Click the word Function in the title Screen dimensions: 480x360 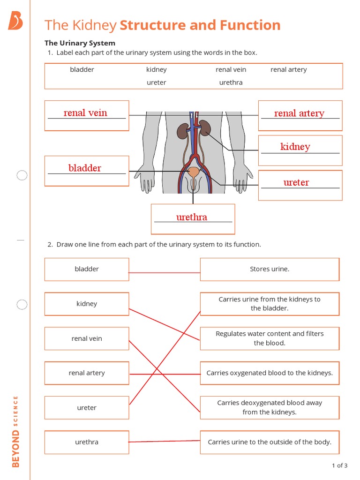pyautogui.click(x=247, y=25)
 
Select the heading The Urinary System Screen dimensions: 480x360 pyautogui.click(x=80, y=43)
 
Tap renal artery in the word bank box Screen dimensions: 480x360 pyautogui.click(x=288, y=70)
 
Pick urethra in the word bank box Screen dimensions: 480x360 pyautogui.click(x=231, y=82)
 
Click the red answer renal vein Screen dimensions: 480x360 pyautogui.click(x=85, y=113)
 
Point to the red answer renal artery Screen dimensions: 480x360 pyautogui.click(x=299, y=113)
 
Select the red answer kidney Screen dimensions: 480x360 pyautogui.click(x=295, y=147)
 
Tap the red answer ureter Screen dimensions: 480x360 pyautogui.click(x=296, y=182)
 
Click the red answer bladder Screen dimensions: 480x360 pyautogui.click(x=85, y=168)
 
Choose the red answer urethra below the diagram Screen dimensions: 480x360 pyautogui.click(x=192, y=217)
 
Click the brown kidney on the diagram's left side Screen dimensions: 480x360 pyautogui.click(x=182, y=131)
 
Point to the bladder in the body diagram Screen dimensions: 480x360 pyautogui.click(x=193, y=173)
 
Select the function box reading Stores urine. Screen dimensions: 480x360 pyautogui.click(x=270, y=269)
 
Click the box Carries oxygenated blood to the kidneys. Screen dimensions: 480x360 pyautogui.click(x=270, y=373)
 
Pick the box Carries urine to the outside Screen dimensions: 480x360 pyautogui.click(x=270, y=442)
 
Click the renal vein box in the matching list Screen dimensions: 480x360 pyautogui.click(x=87, y=338)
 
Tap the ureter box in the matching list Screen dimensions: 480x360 pyautogui.click(x=87, y=408)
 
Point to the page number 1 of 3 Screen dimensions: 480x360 pyautogui.click(x=339, y=465)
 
